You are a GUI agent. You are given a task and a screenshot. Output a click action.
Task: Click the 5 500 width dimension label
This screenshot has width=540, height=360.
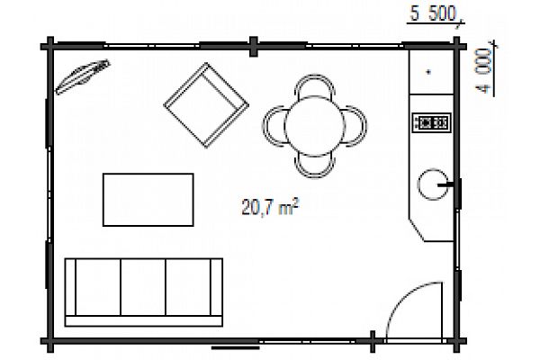coord(433,13)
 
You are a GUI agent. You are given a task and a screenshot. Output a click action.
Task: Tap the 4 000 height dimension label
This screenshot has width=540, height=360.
coord(483,70)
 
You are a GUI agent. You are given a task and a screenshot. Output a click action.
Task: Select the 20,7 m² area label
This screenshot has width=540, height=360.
coord(270,206)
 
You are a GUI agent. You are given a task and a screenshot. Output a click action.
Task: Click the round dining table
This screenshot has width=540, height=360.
coord(314,126)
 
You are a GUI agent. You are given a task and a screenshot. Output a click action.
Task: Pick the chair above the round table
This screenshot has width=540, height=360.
coord(314,85)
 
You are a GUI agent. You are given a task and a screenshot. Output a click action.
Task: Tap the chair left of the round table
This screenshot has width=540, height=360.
coord(274,125)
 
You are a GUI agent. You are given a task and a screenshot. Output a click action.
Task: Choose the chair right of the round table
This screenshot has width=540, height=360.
coord(355,126)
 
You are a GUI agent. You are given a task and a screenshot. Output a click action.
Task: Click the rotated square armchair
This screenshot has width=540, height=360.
coord(206,105)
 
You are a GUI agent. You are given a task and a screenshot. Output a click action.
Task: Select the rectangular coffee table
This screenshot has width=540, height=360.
coord(148,200)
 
